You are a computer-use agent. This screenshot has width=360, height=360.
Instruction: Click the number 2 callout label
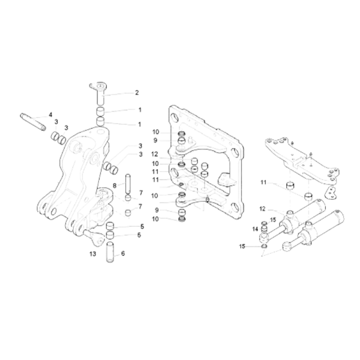137,93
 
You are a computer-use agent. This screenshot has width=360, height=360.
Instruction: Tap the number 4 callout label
50,115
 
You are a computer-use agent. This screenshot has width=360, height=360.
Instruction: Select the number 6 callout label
123,253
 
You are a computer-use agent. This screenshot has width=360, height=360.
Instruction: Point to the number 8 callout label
115,185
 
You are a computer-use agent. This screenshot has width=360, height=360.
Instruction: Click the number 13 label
93,254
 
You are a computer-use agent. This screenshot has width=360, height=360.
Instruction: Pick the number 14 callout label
256,229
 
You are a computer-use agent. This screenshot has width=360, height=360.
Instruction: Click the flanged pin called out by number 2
100,92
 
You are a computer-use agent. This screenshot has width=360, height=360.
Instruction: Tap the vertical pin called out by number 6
110,252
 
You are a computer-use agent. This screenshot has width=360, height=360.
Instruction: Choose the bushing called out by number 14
264,229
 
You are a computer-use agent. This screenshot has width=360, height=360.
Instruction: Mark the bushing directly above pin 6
110,236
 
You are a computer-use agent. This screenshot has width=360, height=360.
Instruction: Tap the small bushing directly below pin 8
128,197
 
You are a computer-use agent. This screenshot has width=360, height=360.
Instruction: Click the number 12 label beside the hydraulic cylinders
262,209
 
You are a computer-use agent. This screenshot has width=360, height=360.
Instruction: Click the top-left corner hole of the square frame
175,118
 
